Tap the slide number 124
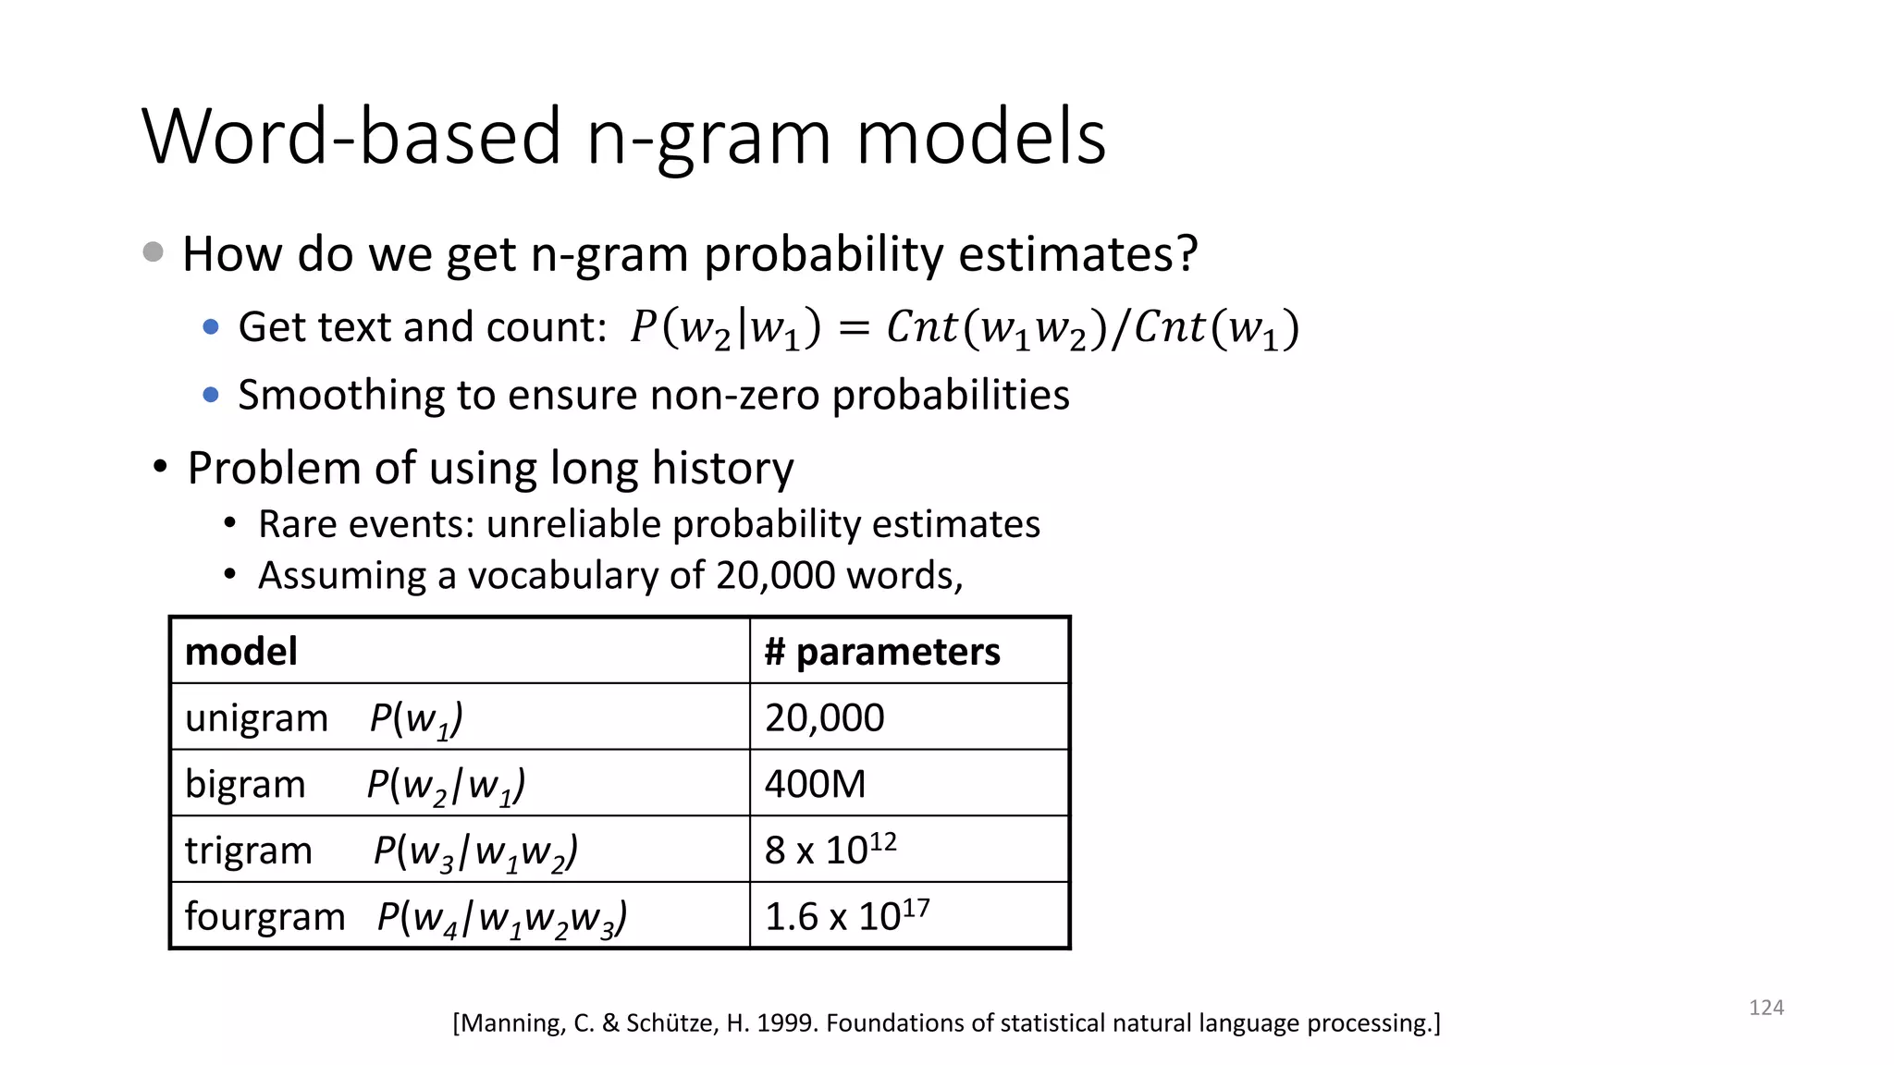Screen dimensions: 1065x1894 [x=1765, y=1008]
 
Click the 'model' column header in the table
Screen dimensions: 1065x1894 [x=241, y=652]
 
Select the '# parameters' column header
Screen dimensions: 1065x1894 [x=882, y=652]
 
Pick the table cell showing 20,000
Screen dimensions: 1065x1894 [x=824, y=718]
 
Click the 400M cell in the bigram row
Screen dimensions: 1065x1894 [x=815, y=785]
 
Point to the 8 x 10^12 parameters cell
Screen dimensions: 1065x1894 [x=830, y=850]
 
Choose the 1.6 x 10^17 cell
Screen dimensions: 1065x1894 [x=846, y=916]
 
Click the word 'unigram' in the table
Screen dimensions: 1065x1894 [x=256, y=718]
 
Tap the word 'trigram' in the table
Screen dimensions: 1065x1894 [x=248, y=851]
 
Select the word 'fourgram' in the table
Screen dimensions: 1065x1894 [x=264, y=917]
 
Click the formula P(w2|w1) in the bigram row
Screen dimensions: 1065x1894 [x=446, y=786]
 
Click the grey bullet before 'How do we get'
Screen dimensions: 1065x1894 [x=154, y=252]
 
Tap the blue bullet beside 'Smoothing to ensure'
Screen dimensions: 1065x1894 [x=211, y=396]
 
